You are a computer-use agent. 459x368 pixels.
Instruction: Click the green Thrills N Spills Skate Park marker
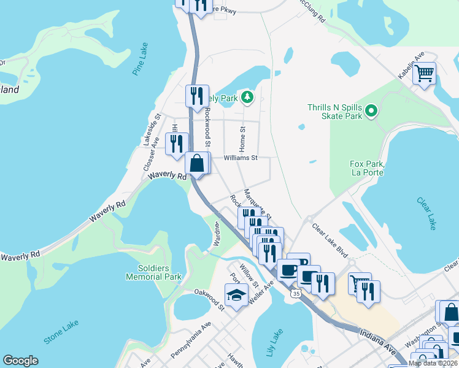pos(371,111)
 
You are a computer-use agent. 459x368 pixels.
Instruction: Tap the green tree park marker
pos(247,97)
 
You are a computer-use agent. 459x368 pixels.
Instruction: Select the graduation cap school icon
pos(236,296)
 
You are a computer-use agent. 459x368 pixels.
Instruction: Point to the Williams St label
pos(240,158)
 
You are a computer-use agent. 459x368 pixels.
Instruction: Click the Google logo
pos(20,361)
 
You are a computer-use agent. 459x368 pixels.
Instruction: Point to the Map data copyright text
pos(433,363)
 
